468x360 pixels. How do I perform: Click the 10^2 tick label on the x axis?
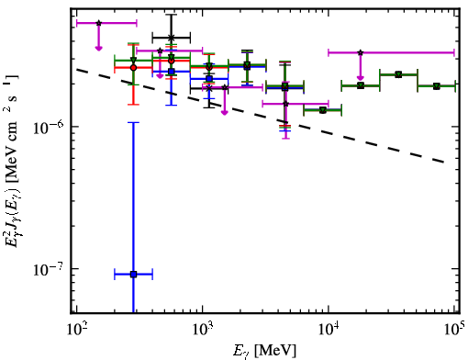coord(76,330)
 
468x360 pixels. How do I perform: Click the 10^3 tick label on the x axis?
coord(203,330)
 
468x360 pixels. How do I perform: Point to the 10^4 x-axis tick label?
coord(329,330)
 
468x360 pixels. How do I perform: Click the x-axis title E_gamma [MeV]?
coord(264,351)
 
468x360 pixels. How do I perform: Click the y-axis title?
coord(12,160)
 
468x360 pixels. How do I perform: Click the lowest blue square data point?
coord(133,275)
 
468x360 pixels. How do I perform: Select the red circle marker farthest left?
coord(133,68)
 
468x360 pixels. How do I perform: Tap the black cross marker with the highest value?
coord(172,38)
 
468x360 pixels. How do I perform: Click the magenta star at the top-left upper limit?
coord(98,23)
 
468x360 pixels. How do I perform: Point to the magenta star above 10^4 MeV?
coord(361,52)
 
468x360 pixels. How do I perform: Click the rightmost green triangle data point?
coord(437,86)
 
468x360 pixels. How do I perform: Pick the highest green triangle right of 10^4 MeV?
coord(398,74)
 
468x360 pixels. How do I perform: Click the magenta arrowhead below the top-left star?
coord(98,48)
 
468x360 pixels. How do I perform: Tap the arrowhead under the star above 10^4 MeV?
coord(361,77)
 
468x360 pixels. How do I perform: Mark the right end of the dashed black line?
coord(444,163)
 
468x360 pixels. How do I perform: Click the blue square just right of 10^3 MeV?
coord(209,79)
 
